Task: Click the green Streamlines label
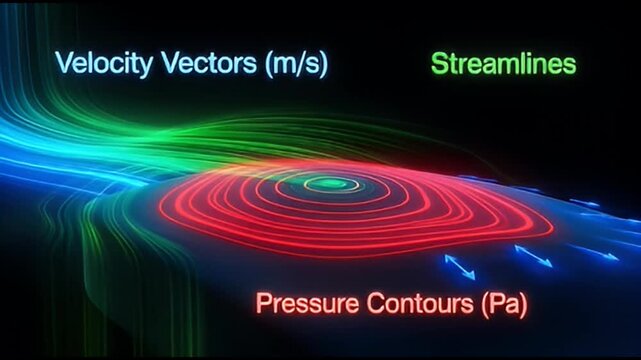click(x=504, y=65)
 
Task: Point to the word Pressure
click(x=301, y=301)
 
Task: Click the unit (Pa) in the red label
click(x=491, y=301)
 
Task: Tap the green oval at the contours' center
click(x=331, y=184)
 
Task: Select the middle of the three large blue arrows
click(x=532, y=257)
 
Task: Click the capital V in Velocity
click(x=64, y=65)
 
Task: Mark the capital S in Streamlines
click(x=440, y=65)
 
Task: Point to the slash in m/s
click(x=294, y=65)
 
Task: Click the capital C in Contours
click(x=362, y=301)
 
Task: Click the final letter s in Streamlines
click(x=571, y=66)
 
